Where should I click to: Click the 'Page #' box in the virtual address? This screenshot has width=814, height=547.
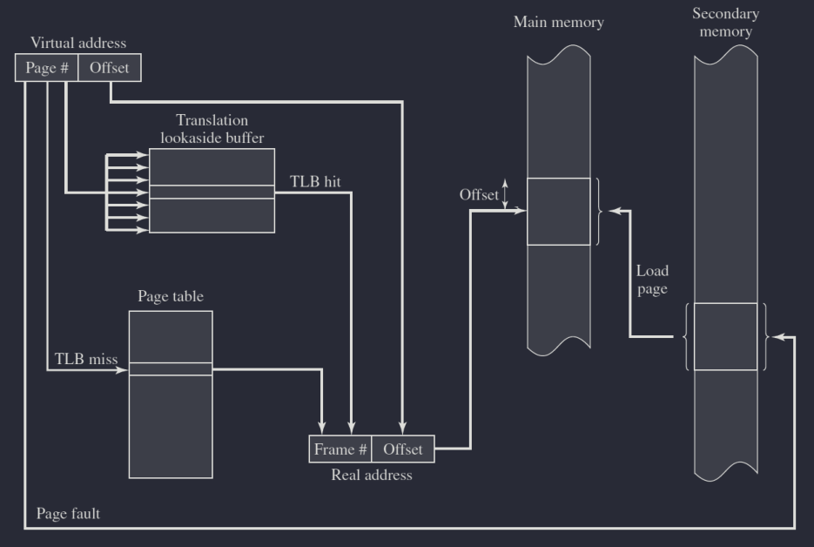tap(47, 68)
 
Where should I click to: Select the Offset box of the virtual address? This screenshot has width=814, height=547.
tap(109, 68)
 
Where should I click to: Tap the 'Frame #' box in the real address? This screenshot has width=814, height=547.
tap(340, 449)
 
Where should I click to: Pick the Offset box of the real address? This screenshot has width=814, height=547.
tap(402, 449)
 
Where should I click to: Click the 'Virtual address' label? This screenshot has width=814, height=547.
tap(78, 43)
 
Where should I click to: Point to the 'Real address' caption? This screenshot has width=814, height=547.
tap(372, 476)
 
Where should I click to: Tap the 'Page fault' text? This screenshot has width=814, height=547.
tap(68, 513)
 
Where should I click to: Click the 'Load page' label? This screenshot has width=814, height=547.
tap(652, 280)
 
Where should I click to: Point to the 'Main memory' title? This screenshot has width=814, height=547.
tap(558, 23)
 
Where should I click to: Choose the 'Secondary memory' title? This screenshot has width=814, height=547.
tap(725, 23)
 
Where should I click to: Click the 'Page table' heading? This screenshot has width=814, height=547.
tap(171, 296)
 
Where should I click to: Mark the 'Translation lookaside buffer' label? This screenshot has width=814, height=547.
tap(212, 128)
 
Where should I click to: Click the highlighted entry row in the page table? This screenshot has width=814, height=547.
tap(171, 369)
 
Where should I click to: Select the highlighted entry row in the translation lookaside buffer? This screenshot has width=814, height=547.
tap(212, 192)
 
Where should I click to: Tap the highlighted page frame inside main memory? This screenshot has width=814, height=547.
tap(558, 211)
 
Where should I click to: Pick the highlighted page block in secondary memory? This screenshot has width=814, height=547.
tap(725, 336)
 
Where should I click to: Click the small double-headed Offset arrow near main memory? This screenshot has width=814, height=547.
tap(506, 193)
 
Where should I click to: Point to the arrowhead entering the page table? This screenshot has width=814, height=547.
tap(124, 369)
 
